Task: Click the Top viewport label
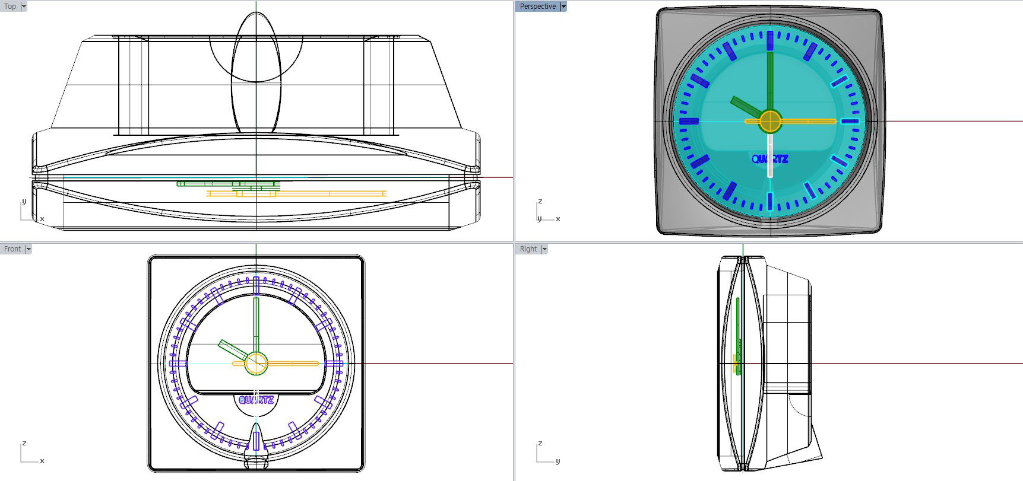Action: [10, 7]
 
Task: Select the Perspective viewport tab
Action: [537, 7]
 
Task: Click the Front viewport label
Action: [12, 249]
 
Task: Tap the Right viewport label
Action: [528, 249]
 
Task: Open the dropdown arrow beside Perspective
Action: [563, 7]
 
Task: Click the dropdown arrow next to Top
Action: [24, 7]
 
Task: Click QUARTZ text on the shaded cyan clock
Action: [769, 159]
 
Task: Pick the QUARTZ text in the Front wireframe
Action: [256, 400]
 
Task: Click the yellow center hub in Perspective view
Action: [770, 121]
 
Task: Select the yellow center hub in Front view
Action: [256, 363]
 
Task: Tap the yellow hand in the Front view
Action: [294, 363]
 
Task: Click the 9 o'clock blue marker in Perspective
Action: [689, 121]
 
